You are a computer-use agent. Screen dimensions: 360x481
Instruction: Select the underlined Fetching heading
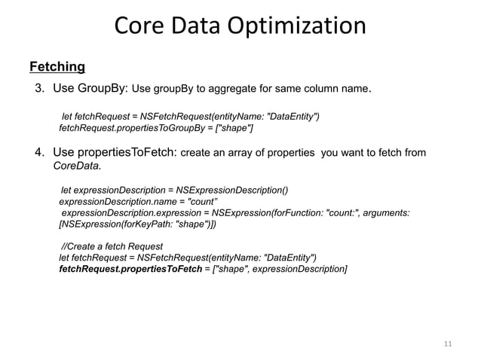[57, 68]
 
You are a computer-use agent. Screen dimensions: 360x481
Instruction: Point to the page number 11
[447, 343]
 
